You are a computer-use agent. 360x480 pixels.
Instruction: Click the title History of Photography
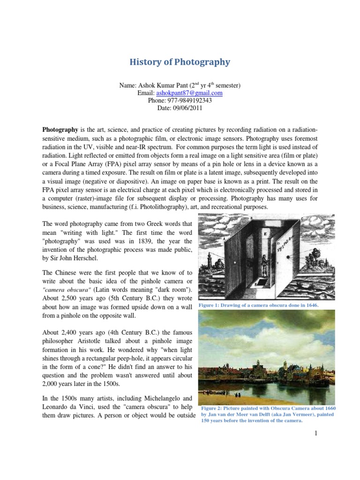point(180,62)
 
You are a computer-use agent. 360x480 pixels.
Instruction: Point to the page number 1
point(316,435)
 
